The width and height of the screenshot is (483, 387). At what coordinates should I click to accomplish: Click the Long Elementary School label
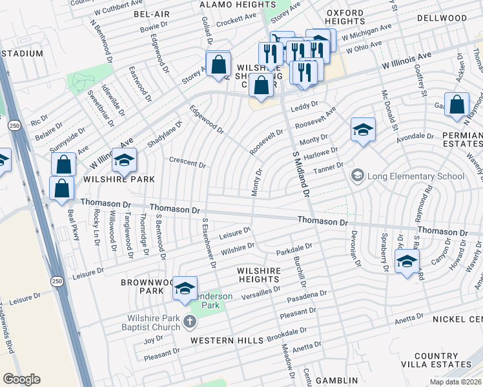[x=415, y=176]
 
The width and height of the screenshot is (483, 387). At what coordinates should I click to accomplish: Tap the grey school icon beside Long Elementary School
[x=356, y=175]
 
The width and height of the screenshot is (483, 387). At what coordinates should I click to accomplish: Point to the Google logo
[x=21, y=379]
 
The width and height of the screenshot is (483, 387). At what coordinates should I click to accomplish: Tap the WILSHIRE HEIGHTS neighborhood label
[x=258, y=275]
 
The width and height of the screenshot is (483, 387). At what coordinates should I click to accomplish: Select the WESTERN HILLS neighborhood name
[x=227, y=340]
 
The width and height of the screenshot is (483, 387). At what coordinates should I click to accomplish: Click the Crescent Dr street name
[x=187, y=164]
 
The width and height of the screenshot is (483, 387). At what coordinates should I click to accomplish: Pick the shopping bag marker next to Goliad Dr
[x=219, y=64]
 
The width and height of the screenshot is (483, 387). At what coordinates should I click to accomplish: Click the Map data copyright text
[x=455, y=382]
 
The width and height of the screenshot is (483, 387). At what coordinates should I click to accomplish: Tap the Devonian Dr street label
[x=353, y=245]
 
